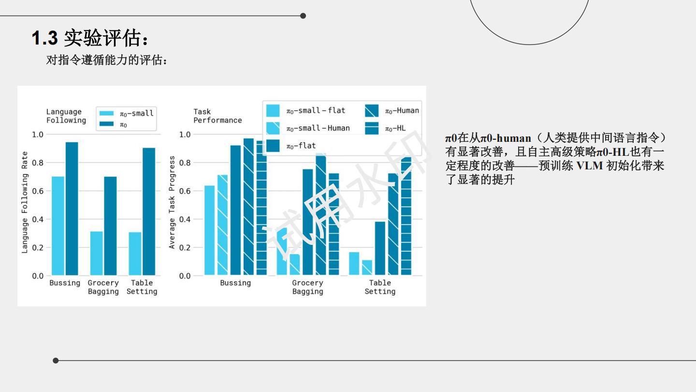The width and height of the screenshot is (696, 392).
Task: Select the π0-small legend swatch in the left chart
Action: click(x=106, y=113)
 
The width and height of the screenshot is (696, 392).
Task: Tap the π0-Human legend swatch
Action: click(x=372, y=110)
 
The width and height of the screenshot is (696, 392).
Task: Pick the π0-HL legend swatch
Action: click(x=372, y=128)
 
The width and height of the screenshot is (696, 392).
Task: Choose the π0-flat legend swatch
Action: click(x=273, y=146)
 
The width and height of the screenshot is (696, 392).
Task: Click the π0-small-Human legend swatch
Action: click(x=273, y=128)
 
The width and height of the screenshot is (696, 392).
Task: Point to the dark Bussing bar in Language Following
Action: click(x=72, y=209)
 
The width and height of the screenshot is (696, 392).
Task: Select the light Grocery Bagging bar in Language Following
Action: click(x=97, y=253)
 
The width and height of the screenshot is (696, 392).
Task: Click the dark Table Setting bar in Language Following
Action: click(x=149, y=211)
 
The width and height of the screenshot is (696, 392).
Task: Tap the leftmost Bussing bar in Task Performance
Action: click(x=209, y=230)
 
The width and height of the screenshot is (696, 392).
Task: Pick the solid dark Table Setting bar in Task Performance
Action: click(x=380, y=248)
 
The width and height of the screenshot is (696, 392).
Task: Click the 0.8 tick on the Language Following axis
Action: click(x=38, y=163)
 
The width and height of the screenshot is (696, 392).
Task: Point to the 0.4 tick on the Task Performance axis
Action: click(x=185, y=219)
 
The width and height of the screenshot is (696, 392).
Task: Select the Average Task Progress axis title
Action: click(x=172, y=202)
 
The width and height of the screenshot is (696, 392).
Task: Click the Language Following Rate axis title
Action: click(x=25, y=202)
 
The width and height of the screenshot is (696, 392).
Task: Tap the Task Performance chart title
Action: click(x=217, y=116)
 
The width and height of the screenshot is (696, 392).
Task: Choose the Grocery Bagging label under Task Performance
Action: click(x=307, y=287)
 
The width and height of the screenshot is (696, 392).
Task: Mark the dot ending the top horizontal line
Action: click(x=303, y=16)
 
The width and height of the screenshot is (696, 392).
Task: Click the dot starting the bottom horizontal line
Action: click(x=56, y=361)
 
